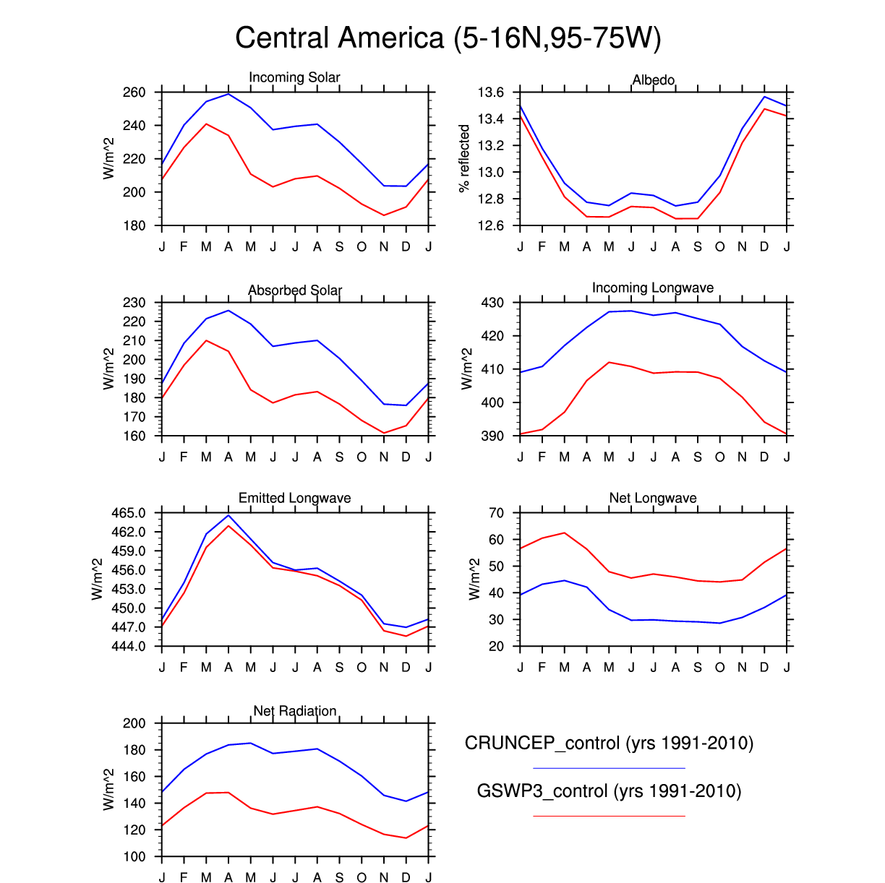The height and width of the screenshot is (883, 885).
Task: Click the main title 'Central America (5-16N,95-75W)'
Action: point(448,38)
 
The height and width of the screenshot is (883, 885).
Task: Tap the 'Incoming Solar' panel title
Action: point(294,77)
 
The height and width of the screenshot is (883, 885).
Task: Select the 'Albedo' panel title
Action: point(654,79)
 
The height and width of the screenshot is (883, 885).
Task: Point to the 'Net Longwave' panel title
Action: point(653,498)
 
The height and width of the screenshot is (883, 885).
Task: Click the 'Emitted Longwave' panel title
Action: point(294,498)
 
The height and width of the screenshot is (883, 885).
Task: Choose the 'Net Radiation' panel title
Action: point(294,711)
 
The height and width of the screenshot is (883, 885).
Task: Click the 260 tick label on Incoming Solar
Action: point(134,92)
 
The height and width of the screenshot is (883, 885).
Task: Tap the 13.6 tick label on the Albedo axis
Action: point(490,92)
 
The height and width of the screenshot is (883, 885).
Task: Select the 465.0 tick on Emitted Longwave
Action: point(129,513)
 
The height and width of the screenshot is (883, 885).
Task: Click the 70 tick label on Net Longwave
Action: point(496,513)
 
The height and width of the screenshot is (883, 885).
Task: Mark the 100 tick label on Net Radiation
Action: point(134,857)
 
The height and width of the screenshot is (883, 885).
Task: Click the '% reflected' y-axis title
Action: point(464,158)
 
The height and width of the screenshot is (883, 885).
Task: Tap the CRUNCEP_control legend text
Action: point(609,744)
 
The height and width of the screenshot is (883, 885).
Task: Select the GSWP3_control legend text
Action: point(609,791)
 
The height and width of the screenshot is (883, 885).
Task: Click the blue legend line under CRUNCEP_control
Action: point(609,768)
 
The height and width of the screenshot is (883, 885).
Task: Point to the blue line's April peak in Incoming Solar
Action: point(228,94)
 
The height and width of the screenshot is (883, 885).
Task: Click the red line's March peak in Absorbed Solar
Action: point(206,340)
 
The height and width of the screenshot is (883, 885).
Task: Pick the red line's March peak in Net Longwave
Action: point(565,533)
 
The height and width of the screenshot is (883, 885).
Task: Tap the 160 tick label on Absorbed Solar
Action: point(134,436)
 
